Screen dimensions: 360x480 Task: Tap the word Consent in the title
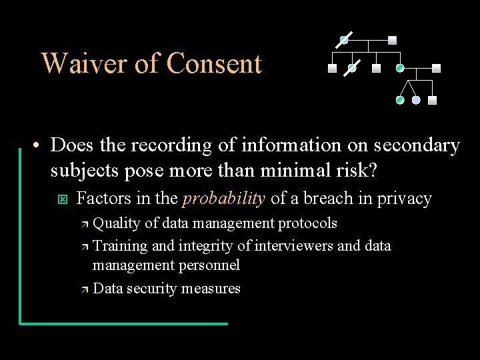(x=214, y=64)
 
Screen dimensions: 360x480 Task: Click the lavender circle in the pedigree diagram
(x=416, y=101)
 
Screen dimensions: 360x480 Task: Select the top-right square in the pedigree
(x=392, y=39)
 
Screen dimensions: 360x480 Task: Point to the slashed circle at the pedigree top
(x=344, y=40)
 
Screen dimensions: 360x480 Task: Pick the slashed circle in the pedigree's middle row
(x=352, y=68)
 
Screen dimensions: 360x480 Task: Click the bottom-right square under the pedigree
(x=432, y=101)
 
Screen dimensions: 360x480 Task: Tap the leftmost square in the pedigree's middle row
(x=332, y=68)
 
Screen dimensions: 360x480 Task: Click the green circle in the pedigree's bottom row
(x=400, y=101)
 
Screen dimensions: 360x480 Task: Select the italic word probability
(x=224, y=198)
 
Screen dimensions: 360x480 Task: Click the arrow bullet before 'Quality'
(x=84, y=224)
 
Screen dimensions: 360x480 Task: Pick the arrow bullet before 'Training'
(x=84, y=247)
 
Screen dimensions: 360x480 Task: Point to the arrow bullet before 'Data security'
(x=84, y=289)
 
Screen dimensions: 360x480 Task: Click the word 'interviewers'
(x=293, y=245)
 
